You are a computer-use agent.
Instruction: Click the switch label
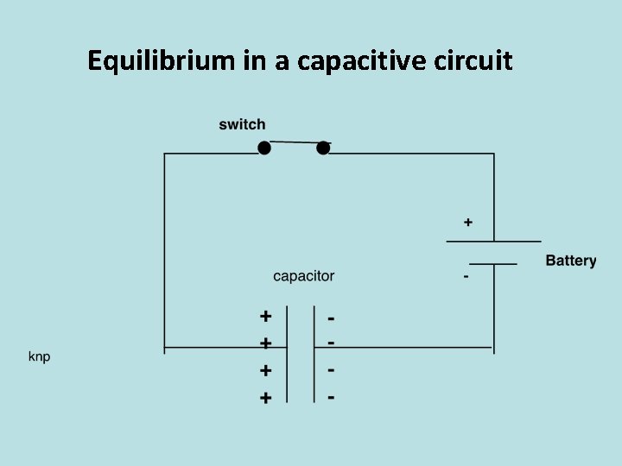click(x=242, y=125)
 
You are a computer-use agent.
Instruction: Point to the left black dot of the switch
click(x=264, y=148)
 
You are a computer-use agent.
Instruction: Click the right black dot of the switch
click(x=323, y=148)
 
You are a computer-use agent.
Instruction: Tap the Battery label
click(x=570, y=261)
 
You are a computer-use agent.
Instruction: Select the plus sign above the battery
click(x=468, y=223)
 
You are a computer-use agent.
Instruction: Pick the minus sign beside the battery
click(x=466, y=277)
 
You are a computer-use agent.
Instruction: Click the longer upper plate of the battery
click(x=493, y=241)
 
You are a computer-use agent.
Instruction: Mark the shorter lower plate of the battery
click(x=493, y=262)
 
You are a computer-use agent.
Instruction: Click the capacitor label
click(x=303, y=276)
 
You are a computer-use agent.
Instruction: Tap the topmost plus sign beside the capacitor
click(x=266, y=316)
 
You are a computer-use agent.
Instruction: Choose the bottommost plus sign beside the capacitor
click(x=266, y=398)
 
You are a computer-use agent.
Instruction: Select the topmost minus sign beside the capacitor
click(x=332, y=318)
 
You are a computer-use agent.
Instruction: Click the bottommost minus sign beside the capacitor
click(x=332, y=398)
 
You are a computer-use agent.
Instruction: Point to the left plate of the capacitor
click(x=289, y=354)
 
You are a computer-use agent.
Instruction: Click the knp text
click(x=40, y=356)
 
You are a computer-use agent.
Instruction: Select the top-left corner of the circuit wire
click(x=165, y=154)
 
